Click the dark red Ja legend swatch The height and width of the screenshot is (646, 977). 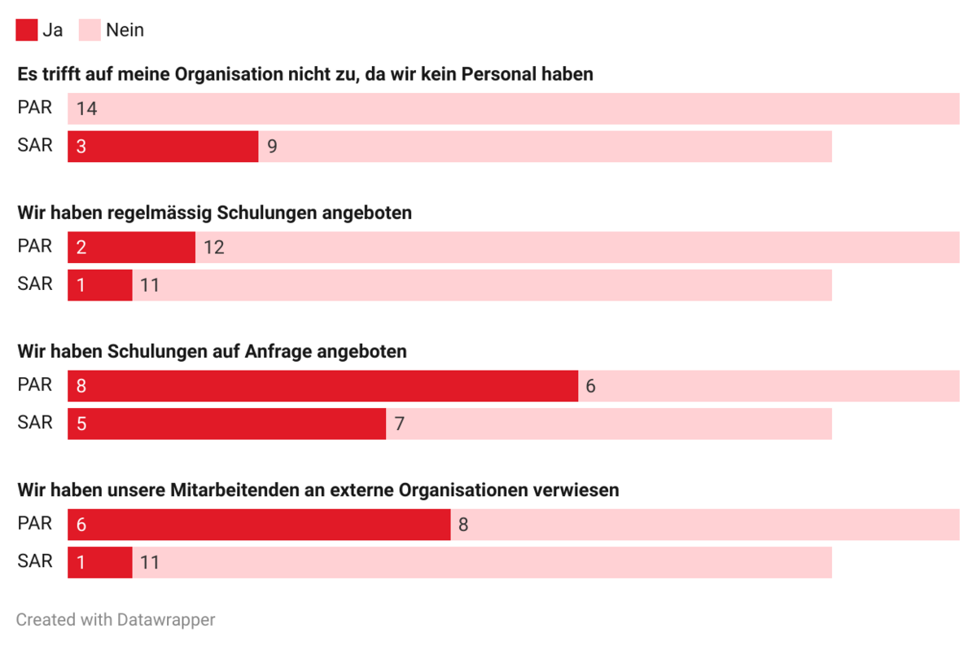pos(26,30)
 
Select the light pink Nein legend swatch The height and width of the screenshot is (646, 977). pos(90,30)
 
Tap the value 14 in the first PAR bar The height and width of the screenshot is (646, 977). pos(86,108)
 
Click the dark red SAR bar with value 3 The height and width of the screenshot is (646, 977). pos(163,147)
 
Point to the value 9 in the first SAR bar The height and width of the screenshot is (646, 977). pos(272,147)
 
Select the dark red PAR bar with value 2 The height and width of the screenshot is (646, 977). pos(131,247)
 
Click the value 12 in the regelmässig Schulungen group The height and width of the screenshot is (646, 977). pos(213,247)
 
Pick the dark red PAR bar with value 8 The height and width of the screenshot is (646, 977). pos(322,385)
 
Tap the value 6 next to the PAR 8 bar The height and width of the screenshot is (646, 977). pos(590,385)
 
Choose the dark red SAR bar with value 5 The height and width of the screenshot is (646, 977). pos(226,424)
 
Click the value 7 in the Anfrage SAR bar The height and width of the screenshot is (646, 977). pos(399,424)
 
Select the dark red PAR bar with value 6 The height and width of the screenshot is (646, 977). pos(259,524)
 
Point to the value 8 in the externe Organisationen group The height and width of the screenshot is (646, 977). pos(463,524)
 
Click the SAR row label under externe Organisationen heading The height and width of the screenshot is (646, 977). pos(35,561)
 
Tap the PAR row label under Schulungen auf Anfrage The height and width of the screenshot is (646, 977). pos(35,385)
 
